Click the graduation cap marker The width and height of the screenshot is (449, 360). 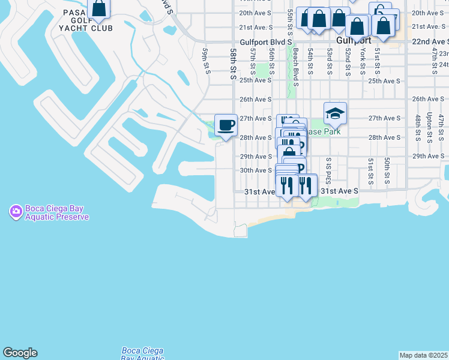click(335, 113)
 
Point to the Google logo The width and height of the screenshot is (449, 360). click(20, 353)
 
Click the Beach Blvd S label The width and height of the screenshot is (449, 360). click(297, 65)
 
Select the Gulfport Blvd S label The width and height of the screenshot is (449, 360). click(265, 43)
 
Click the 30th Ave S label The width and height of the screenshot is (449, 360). click(256, 170)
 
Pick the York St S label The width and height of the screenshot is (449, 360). click(363, 62)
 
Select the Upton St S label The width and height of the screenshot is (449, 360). click(429, 128)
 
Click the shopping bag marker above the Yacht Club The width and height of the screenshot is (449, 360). click(99, 8)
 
